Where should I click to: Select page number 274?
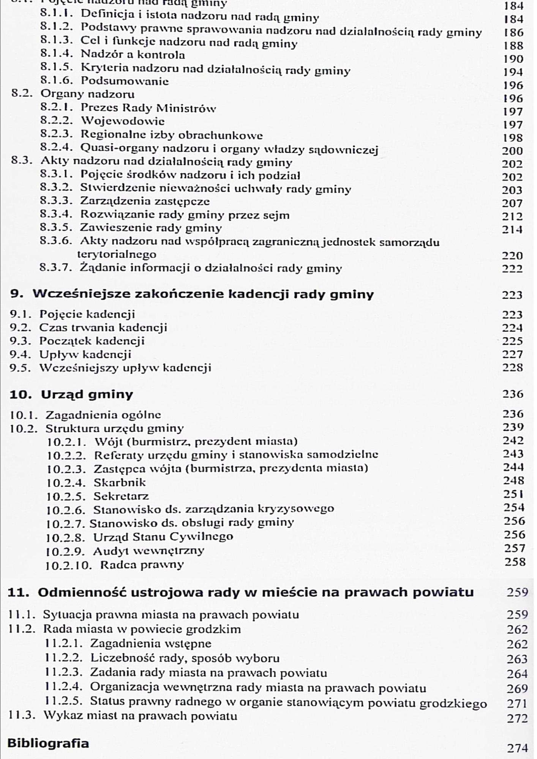[517, 748]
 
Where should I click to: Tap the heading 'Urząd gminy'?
[87, 394]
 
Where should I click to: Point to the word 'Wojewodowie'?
[123, 121]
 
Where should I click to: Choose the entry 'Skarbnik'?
[120, 482]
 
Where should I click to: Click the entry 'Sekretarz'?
[121, 496]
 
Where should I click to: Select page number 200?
[512, 151]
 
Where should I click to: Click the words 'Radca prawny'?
[142, 565]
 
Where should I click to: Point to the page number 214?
[512, 229]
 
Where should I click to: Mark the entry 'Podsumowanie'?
[125, 81]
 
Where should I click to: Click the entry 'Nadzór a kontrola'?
[133, 55]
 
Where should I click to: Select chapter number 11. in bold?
[19, 592]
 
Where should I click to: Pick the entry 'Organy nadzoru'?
[87, 94]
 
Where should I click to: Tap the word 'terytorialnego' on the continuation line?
[117, 254]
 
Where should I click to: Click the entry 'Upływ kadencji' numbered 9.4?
[85, 354]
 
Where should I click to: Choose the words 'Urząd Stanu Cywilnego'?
[163, 537]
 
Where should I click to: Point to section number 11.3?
[22, 716]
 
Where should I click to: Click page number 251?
[514, 494]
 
